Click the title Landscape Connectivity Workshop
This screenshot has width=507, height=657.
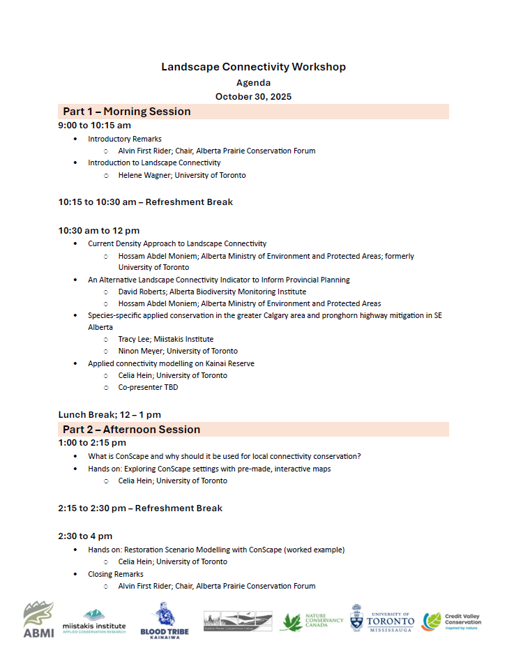(x=253, y=67)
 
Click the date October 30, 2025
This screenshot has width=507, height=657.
(x=253, y=96)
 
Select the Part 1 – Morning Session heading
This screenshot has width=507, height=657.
(x=127, y=112)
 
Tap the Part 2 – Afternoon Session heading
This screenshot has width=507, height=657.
(x=131, y=430)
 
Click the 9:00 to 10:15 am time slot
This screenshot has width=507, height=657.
(x=95, y=126)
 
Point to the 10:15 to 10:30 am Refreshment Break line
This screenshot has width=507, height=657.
(x=145, y=202)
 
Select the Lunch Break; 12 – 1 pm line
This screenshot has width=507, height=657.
(x=109, y=415)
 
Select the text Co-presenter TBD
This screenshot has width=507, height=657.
(x=148, y=387)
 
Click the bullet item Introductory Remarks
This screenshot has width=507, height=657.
(x=124, y=139)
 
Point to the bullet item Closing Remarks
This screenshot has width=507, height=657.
(x=116, y=574)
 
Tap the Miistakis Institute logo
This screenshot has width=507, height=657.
(x=94, y=619)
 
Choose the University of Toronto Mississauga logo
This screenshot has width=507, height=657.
(x=381, y=619)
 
